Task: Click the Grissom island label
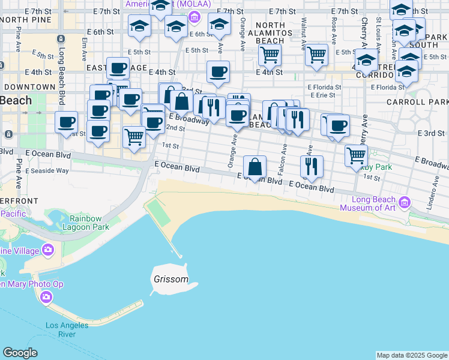tap(170, 280)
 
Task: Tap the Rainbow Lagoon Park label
tap(89, 223)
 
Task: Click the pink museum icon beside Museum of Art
tap(405, 204)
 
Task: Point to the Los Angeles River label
tap(67, 329)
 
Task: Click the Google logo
tap(20, 353)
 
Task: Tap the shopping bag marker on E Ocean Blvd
tap(255, 167)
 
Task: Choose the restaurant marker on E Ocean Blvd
tap(312, 166)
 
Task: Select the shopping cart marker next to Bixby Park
tap(357, 155)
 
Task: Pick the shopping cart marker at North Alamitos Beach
tap(270, 55)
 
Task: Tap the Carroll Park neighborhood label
tap(426, 102)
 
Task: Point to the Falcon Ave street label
tap(282, 159)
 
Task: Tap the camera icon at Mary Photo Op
tap(46, 296)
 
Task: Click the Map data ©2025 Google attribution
tap(411, 355)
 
